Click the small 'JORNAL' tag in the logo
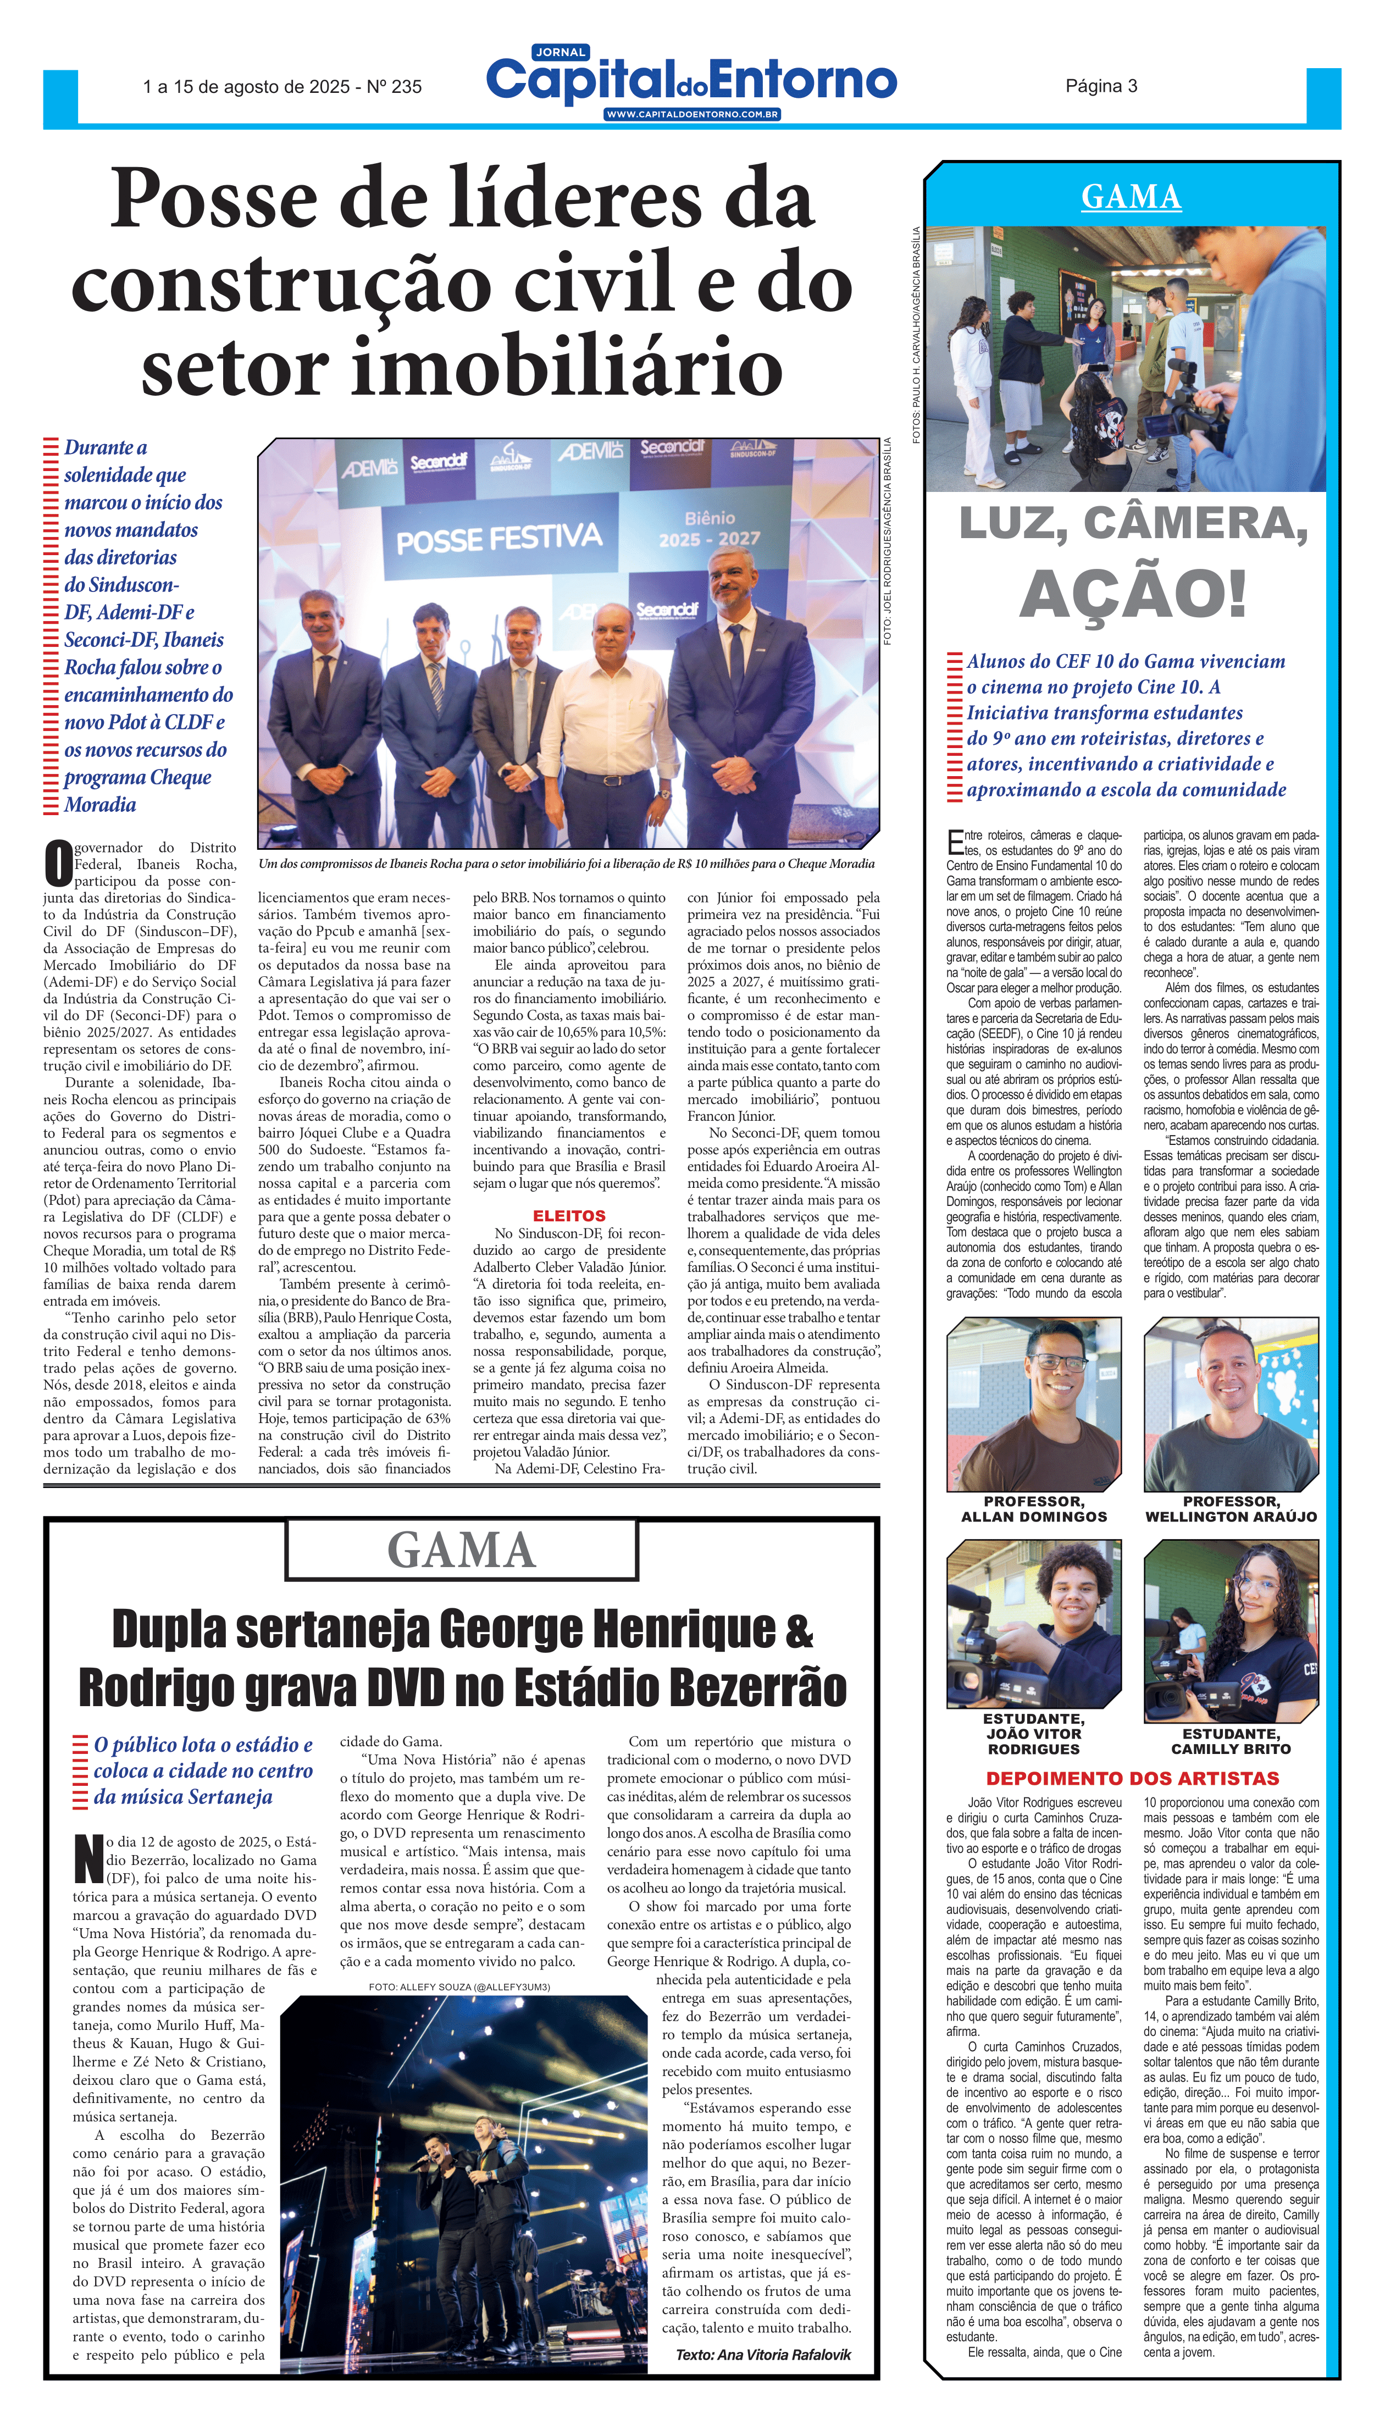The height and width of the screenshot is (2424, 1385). tap(561, 52)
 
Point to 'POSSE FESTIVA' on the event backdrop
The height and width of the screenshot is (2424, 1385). tap(500, 539)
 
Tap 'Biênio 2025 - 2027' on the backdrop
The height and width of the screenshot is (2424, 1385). tap(710, 528)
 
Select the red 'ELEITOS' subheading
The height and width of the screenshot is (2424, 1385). tap(569, 1216)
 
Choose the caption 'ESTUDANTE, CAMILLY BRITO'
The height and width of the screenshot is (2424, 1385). tap(1231, 1741)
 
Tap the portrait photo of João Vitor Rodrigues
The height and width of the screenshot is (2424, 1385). tap(1034, 1624)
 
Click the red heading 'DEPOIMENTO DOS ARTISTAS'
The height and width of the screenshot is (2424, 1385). tap(1132, 1778)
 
